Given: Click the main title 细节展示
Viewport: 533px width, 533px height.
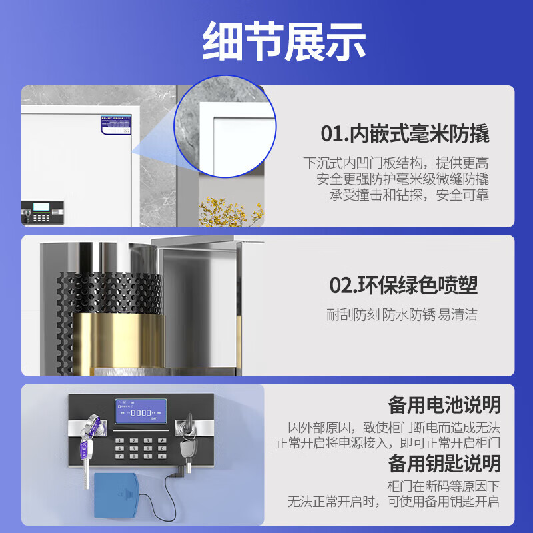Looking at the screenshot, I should [266, 41].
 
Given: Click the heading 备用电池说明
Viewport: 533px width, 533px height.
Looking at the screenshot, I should [444, 404].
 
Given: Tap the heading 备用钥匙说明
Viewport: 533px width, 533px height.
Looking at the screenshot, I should [444, 463].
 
